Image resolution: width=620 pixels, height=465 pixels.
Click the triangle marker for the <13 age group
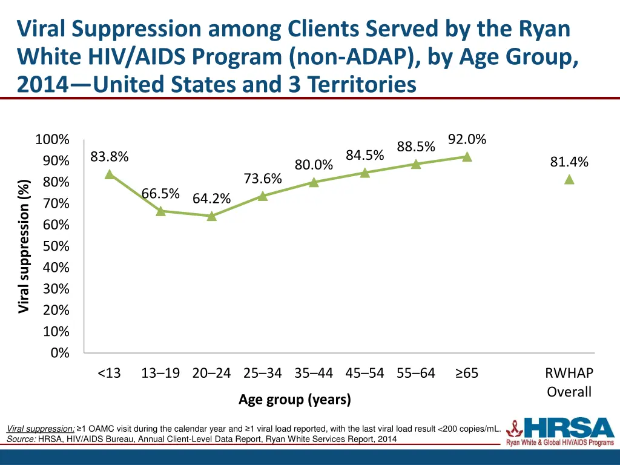coord(110,174)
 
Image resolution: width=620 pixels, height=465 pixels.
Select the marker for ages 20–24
coord(211,216)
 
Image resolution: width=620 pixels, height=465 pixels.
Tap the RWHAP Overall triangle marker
coord(569,179)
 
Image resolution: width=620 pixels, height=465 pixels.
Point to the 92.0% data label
coord(467,139)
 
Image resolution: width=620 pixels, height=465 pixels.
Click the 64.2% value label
coord(211,199)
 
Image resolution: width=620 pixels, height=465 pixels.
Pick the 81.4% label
coord(569,162)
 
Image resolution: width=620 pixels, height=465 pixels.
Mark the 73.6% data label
coord(263,178)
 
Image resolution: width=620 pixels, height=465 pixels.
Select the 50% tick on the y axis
coord(56,246)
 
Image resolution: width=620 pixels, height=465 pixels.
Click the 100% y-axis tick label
coord(52,140)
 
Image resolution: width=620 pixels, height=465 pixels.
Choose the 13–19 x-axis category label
coord(160,373)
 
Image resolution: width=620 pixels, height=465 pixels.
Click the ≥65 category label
coord(467,373)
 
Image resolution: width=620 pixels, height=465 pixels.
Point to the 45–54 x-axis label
coord(364,373)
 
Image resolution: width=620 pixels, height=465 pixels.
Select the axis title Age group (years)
coord(295,400)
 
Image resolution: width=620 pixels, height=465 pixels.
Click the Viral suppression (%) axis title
coord(24,246)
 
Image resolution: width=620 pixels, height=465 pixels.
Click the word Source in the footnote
coord(21,439)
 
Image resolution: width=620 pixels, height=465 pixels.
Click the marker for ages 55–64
coord(416,164)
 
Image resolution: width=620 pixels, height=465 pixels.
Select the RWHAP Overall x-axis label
coord(569,382)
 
